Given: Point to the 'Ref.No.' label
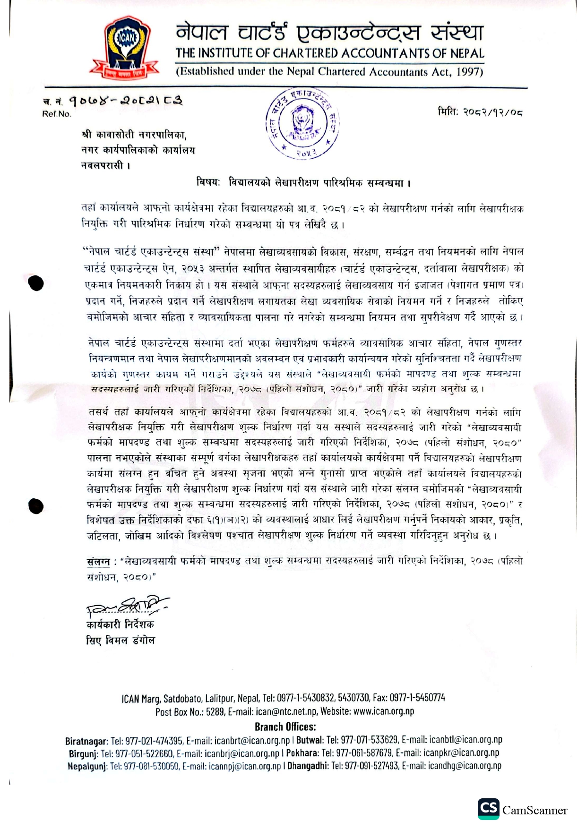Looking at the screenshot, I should click(x=57, y=114).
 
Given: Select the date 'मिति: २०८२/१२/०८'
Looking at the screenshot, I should click(x=479, y=112).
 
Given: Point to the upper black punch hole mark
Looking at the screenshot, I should click(x=36, y=283).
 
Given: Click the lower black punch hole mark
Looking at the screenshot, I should click(x=36, y=506).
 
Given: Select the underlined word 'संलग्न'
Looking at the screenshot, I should click(x=98, y=561).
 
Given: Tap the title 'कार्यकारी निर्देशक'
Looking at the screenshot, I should click(x=120, y=624).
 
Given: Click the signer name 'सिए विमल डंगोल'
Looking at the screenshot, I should click(x=121, y=641).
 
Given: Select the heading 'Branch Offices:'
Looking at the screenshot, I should click(x=285, y=727).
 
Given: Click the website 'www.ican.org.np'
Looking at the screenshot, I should click(x=383, y=711).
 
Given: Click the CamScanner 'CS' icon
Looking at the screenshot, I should click(x=488, y=809).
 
